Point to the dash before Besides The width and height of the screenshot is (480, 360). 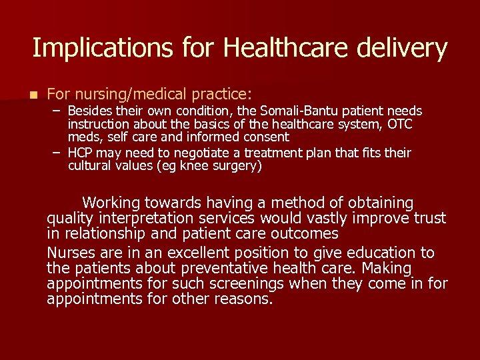57,110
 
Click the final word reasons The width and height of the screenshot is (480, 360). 243,299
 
